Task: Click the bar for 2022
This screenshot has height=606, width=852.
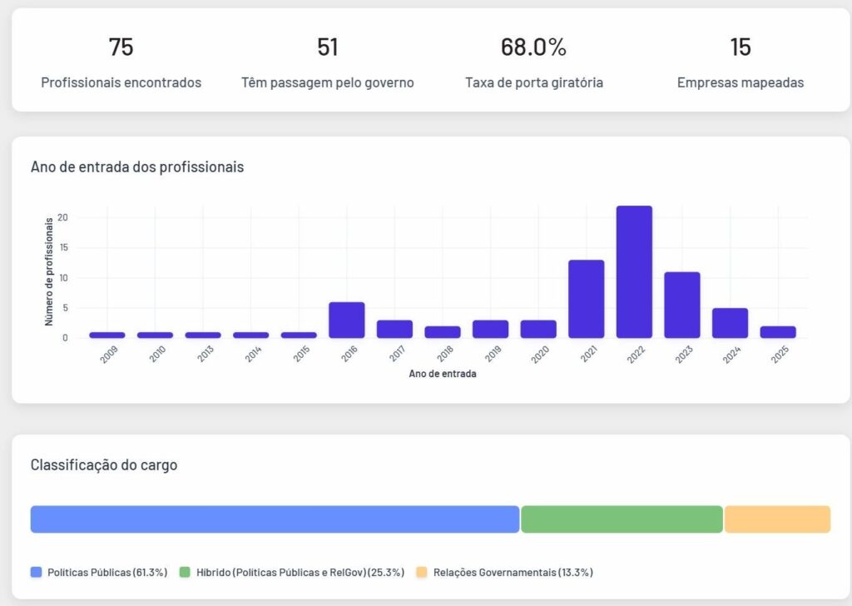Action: coord(634,272)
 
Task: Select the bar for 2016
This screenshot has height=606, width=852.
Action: coord(346,320)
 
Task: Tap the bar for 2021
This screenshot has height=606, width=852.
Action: coord(586,299)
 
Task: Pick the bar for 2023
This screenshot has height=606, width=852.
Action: coord(681,305)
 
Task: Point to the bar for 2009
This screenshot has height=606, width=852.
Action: coord(107,335)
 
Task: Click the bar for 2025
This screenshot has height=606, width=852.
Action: coord(778,332)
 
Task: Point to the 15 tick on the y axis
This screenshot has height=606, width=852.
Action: coord(63,248)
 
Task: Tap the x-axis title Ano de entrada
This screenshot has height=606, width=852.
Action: coord(443,374)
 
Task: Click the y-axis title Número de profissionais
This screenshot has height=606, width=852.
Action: coord(49,271)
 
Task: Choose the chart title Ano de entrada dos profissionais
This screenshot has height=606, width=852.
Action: coord(137,166)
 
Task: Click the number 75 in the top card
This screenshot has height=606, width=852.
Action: coord(121,47)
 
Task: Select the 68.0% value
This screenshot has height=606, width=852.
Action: coord(533,47)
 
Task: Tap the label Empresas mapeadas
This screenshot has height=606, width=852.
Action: coord(741,82)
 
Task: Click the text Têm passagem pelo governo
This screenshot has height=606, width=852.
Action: coord(328,82)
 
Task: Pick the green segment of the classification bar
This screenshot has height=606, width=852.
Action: coord(622,519)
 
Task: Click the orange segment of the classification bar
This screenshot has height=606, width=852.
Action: coord(777,519)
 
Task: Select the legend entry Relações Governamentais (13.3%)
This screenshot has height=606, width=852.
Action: coord(513,572)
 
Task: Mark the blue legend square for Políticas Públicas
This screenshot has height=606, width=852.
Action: coord(36,572)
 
